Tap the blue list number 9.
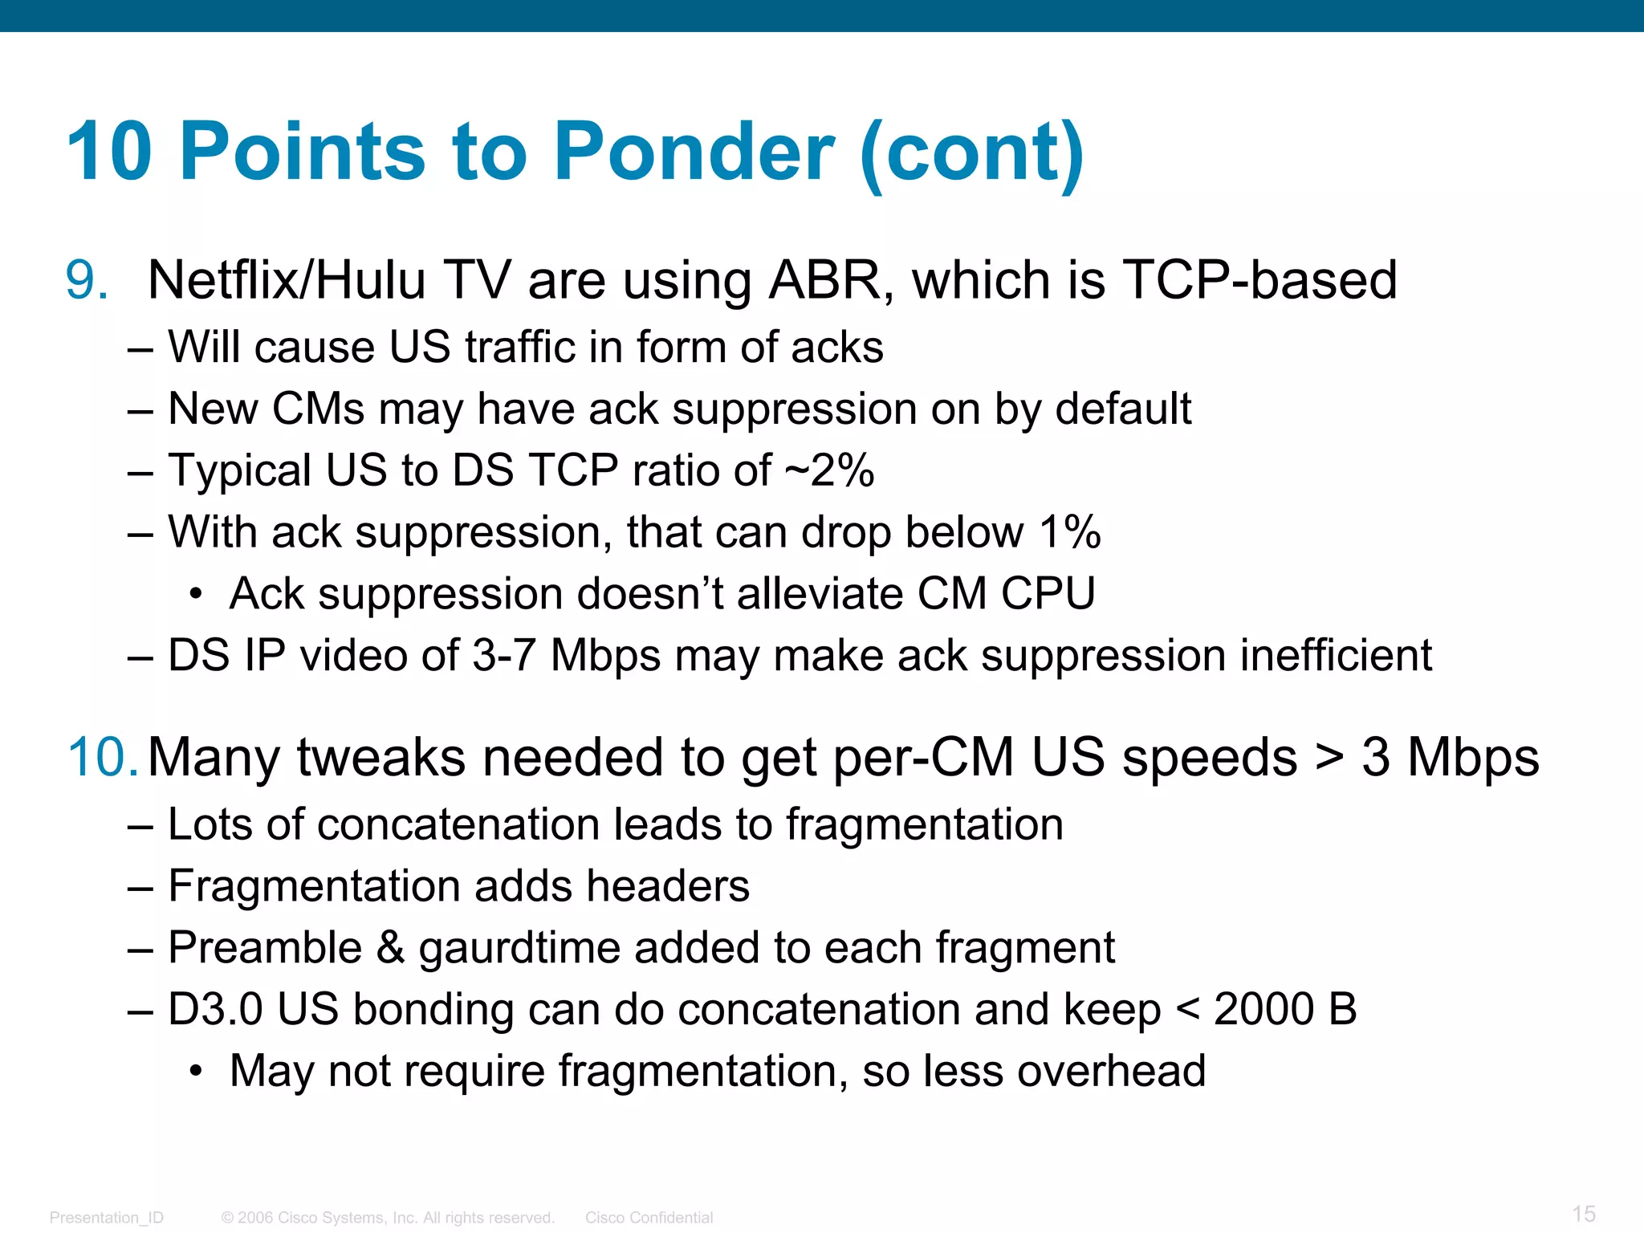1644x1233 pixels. (x=85, y=281)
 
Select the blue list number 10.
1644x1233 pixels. (x=102, y=757)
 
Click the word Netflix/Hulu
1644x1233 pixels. (x=287, y=281)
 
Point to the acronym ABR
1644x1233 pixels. (x=826, y=281)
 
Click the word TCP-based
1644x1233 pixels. (x=1259, y=281)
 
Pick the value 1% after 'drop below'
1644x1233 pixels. (x=1070, y=532)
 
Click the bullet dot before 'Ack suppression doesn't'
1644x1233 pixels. (x=195, y=595)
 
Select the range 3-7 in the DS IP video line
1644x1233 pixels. (x=503, y=655)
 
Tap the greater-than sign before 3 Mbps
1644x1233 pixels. (x=1329, y=759)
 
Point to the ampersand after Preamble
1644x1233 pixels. (x=390, y=947)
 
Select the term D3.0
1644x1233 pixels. (x=215, y=1009)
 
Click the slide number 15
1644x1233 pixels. (x=1583, y=1214)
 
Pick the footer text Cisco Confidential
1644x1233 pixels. (x=649, y=1218)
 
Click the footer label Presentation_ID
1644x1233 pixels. (x=106, y=1218)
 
